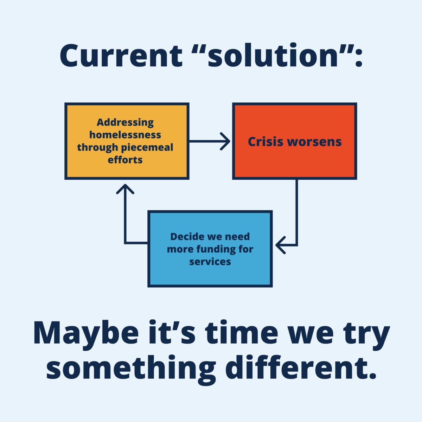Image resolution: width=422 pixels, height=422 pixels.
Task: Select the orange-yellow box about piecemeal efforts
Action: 127,141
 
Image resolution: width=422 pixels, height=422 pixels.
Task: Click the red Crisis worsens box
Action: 295,141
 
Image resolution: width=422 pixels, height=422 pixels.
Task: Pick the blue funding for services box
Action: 210,249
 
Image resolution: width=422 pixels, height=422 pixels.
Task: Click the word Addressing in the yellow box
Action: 125,122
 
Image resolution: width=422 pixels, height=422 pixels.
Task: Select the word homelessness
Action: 125,135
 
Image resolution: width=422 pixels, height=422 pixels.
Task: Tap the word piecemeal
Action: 147,147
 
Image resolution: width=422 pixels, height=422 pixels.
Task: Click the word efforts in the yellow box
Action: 125,160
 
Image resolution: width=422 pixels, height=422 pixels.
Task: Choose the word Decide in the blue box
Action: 185,237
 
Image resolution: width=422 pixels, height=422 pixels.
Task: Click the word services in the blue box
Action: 210,262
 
